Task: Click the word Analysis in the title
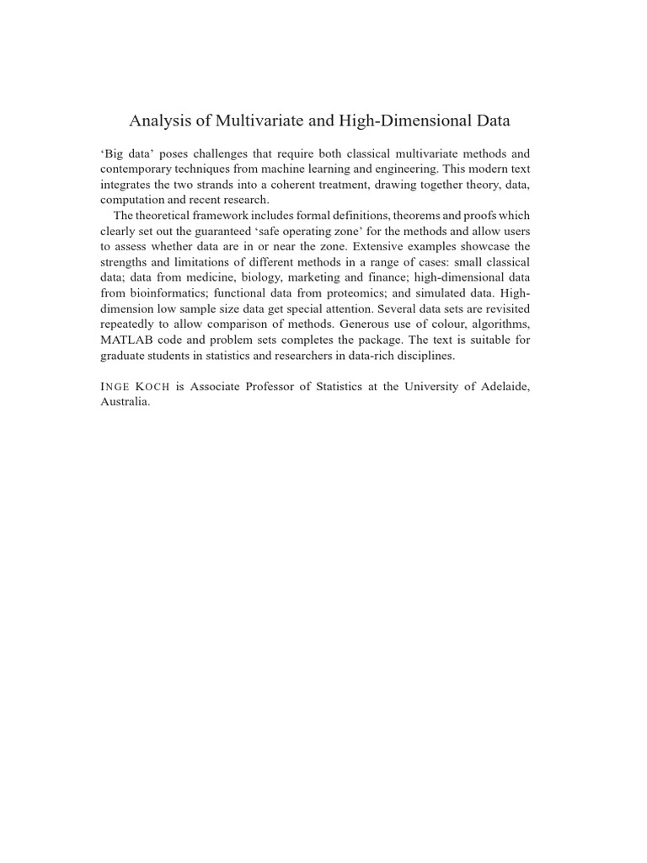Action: click(x=158, y=121)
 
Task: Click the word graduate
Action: click(x=124, y=355)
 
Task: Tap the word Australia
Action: click(x=125, y=402)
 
